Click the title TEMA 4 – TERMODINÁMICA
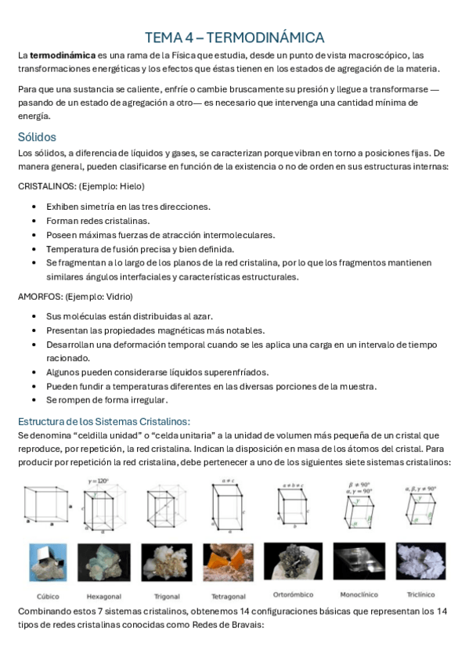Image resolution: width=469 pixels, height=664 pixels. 234,38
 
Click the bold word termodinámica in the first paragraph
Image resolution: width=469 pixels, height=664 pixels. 62,55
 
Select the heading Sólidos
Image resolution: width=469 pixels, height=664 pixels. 36,137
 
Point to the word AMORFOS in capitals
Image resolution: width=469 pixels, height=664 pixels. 38,296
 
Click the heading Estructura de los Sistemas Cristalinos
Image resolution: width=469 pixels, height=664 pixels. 104,420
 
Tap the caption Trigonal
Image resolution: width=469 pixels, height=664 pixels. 166,595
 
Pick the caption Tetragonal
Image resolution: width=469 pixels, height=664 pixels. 229,596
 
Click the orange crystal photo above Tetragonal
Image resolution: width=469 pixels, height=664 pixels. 229,562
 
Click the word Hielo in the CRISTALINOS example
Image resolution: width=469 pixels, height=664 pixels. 130,186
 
